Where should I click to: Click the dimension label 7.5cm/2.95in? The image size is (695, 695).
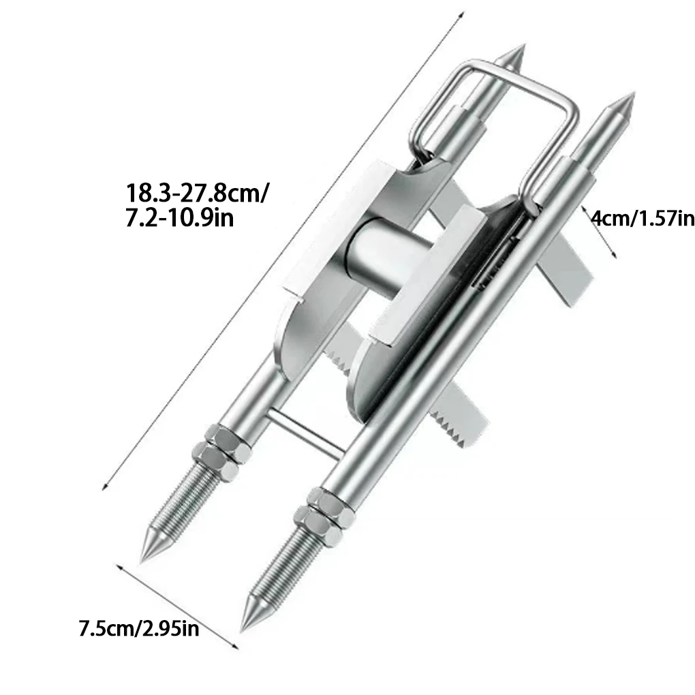(139, 628)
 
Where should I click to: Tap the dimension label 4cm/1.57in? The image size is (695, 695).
(642, 219)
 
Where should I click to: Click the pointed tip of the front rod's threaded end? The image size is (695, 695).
(244, 625)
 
